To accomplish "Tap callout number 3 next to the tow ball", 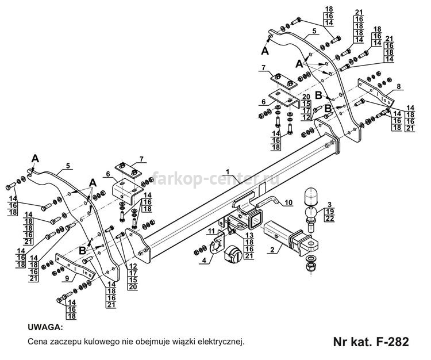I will click(329, 204).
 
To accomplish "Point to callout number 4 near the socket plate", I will click(205, 262).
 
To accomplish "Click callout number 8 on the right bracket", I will click(398, 86).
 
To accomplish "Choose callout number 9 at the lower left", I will click(67, 278).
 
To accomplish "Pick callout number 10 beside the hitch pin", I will click(288, 202).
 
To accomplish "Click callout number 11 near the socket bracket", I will click(210, 231).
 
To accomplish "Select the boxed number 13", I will click(249, 236).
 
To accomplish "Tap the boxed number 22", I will click(329, 219).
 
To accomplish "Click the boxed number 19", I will click(329, 211).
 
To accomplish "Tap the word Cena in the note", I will click(37, 342).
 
